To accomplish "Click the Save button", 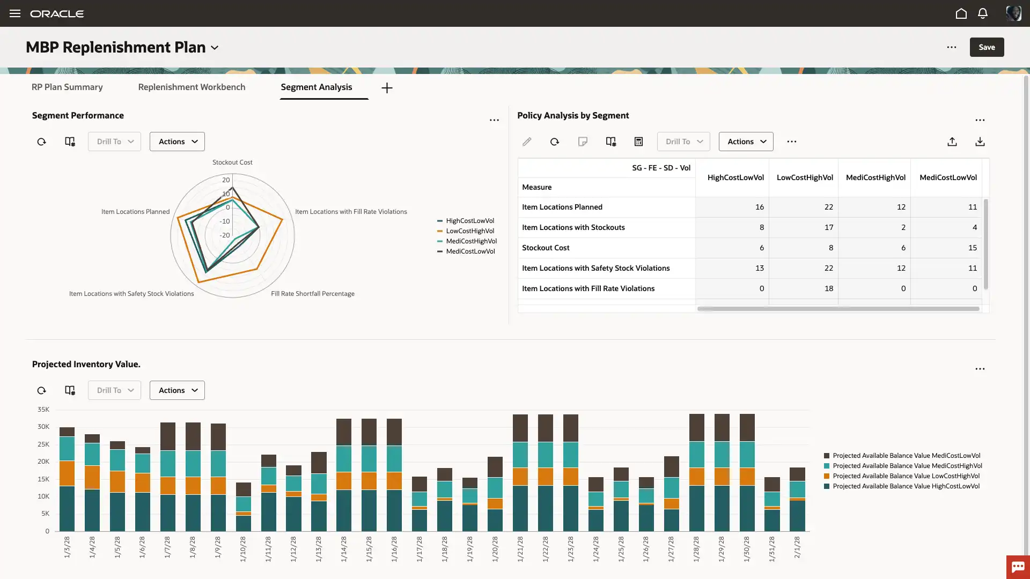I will (x=987, y=47).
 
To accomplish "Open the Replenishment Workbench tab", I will (x=192, y=87).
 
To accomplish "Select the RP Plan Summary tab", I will (x=67, y=87).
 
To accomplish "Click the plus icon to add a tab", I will (x=387, y=88).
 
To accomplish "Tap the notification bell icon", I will (x=982, y=13).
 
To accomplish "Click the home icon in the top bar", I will (x=961, y=13).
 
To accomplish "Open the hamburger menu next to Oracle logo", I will (x=15, y=13).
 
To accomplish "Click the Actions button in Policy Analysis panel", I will (x=746, y=142).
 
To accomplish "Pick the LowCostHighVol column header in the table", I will (x=805, y=177).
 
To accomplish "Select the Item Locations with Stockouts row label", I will (x=573, y=227).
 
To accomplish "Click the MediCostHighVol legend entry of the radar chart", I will (x=471, y=241).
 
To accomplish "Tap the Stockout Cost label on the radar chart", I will (x=232, y=162).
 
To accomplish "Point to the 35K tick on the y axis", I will (x=43, y=410).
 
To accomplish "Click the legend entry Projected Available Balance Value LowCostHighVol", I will (x=906, y=476).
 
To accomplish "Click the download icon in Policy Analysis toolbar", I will (x=980, y=142).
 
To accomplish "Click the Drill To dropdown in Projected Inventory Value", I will (x=114, y=390).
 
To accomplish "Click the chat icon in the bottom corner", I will (x=1018, y=567).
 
